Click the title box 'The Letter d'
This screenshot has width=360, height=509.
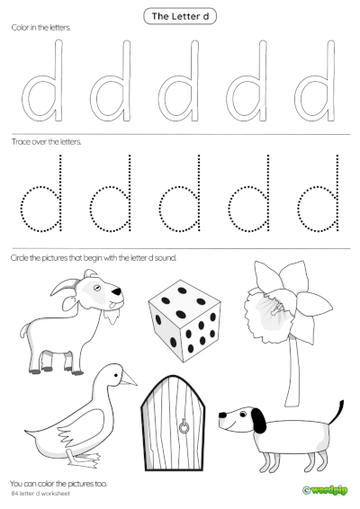pyautogui.click(x=180, y=14)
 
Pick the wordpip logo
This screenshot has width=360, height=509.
pyautogui.click(x=325, y=490)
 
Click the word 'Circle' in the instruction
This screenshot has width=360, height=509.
pyautogui.click(x=19, y=257)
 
